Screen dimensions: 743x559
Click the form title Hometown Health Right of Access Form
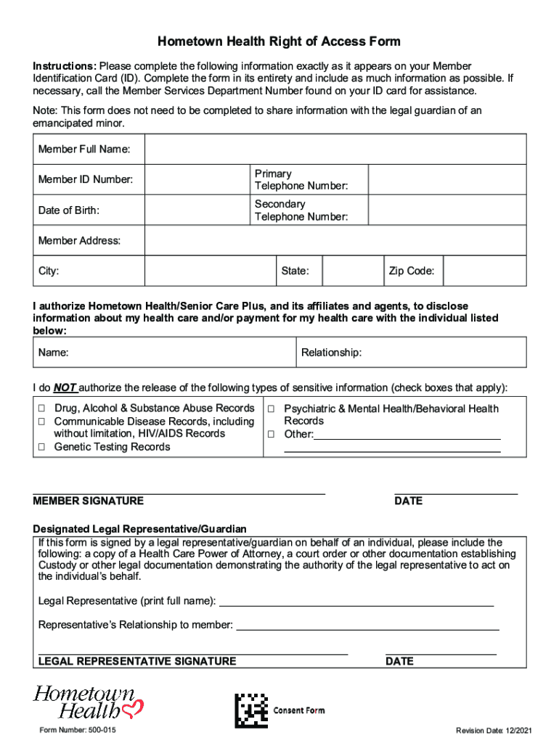pyautogui.click(x=279, y=41)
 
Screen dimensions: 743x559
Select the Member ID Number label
pyautogui.click(x=85, y=179)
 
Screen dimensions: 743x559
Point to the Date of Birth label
pyautogui.click(x=69, y=210)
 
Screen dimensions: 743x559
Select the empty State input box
pyautogui.click(x=352, y=271)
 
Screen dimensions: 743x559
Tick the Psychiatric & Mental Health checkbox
pyautogui.click(x=271, y=409)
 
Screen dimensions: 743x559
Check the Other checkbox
pyautogui.click(x=271, y=435)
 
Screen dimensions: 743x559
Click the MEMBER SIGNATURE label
pyautogui.click(x=88, y=501)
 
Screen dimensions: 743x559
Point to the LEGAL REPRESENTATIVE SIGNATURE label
pyautogui.click(x=136, y=661)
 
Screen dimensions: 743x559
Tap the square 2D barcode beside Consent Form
pyautogui.click(x=250, y=710)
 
